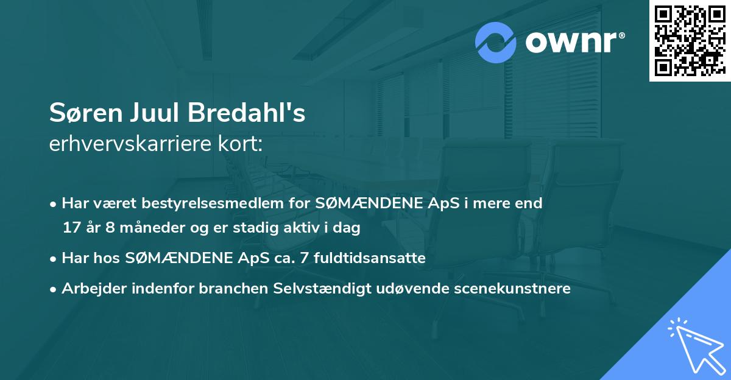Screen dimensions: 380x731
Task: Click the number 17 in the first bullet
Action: [x=71, y=228]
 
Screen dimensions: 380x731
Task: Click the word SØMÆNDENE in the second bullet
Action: [x=164, y=258]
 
